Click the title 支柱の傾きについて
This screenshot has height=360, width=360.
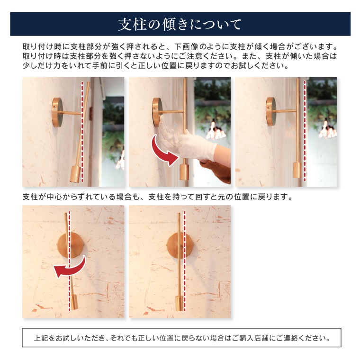click(x=180, y=24)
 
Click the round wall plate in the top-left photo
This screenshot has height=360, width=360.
click(x=57, y=112)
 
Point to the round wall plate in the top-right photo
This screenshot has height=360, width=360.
click(x=270, y=111)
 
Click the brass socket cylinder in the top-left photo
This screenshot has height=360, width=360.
click(x=76, y=173)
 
